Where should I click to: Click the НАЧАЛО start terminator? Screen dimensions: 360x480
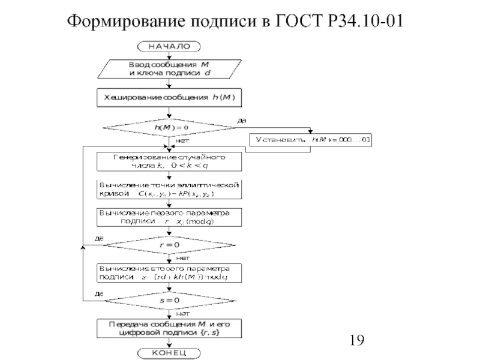pyautogui.click(x=169, y=46)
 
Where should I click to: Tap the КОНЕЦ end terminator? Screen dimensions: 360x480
pyautogui.click(x=169, y=352)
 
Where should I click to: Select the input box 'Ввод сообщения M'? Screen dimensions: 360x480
pyautogui.click(x=169, y=69)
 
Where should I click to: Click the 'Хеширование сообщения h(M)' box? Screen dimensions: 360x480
pyautogui.click(x=169, y=97)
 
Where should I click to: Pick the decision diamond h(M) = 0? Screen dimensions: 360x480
pyautogui.click(x=169, y=127)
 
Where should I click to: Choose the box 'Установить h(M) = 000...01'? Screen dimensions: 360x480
pyautogui.click(x=311, y=140)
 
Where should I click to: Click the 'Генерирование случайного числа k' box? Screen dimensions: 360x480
pyautogui.click(x=169, y=161)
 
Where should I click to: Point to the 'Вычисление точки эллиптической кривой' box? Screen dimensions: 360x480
pyautogui.click(x=169, y=190)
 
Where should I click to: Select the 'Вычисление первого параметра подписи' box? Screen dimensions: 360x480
pyautogui.click(x=169, y=217)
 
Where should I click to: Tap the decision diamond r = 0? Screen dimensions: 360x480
pyautogui.click(x=169, y=245)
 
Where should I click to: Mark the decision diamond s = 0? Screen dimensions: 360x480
pyautogui.click(x=169, y=299)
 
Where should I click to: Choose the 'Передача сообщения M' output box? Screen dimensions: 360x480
pyautogui.click(x=169, y=328)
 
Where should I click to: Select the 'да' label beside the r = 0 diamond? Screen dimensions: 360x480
pyautogui.click(x=100, y=239)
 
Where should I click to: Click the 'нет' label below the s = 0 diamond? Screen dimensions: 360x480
pyautogui.click(x=182, y=313)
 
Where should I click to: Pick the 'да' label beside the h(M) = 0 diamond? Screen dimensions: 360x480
pyautogui.click(x=242, y=121)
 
